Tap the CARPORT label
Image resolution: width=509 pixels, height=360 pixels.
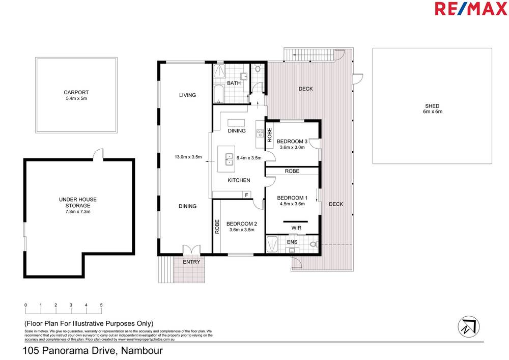tap(76, 93)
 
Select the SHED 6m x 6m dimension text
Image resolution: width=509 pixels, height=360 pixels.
tap(432, 112)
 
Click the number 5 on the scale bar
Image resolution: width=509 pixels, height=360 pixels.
tap(101, 305)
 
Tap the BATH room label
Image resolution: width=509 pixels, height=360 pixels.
tap(234, 83)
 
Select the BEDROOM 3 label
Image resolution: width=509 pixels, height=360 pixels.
tap(292, 141)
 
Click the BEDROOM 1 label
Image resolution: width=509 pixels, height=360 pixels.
tap(292, 198)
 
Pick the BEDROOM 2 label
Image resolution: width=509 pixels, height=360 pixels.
tap(242, 224)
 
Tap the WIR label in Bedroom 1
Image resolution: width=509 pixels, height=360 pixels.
tap(297, 228)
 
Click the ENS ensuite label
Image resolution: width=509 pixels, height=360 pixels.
tap(292, 242)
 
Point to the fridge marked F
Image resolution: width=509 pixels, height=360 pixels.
tap(246, 195)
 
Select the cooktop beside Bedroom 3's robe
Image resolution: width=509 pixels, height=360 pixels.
tap(259, 134)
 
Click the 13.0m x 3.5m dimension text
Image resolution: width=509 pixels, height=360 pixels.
tap(188, 157)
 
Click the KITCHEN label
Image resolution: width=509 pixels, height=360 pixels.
tap(238, 180)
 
